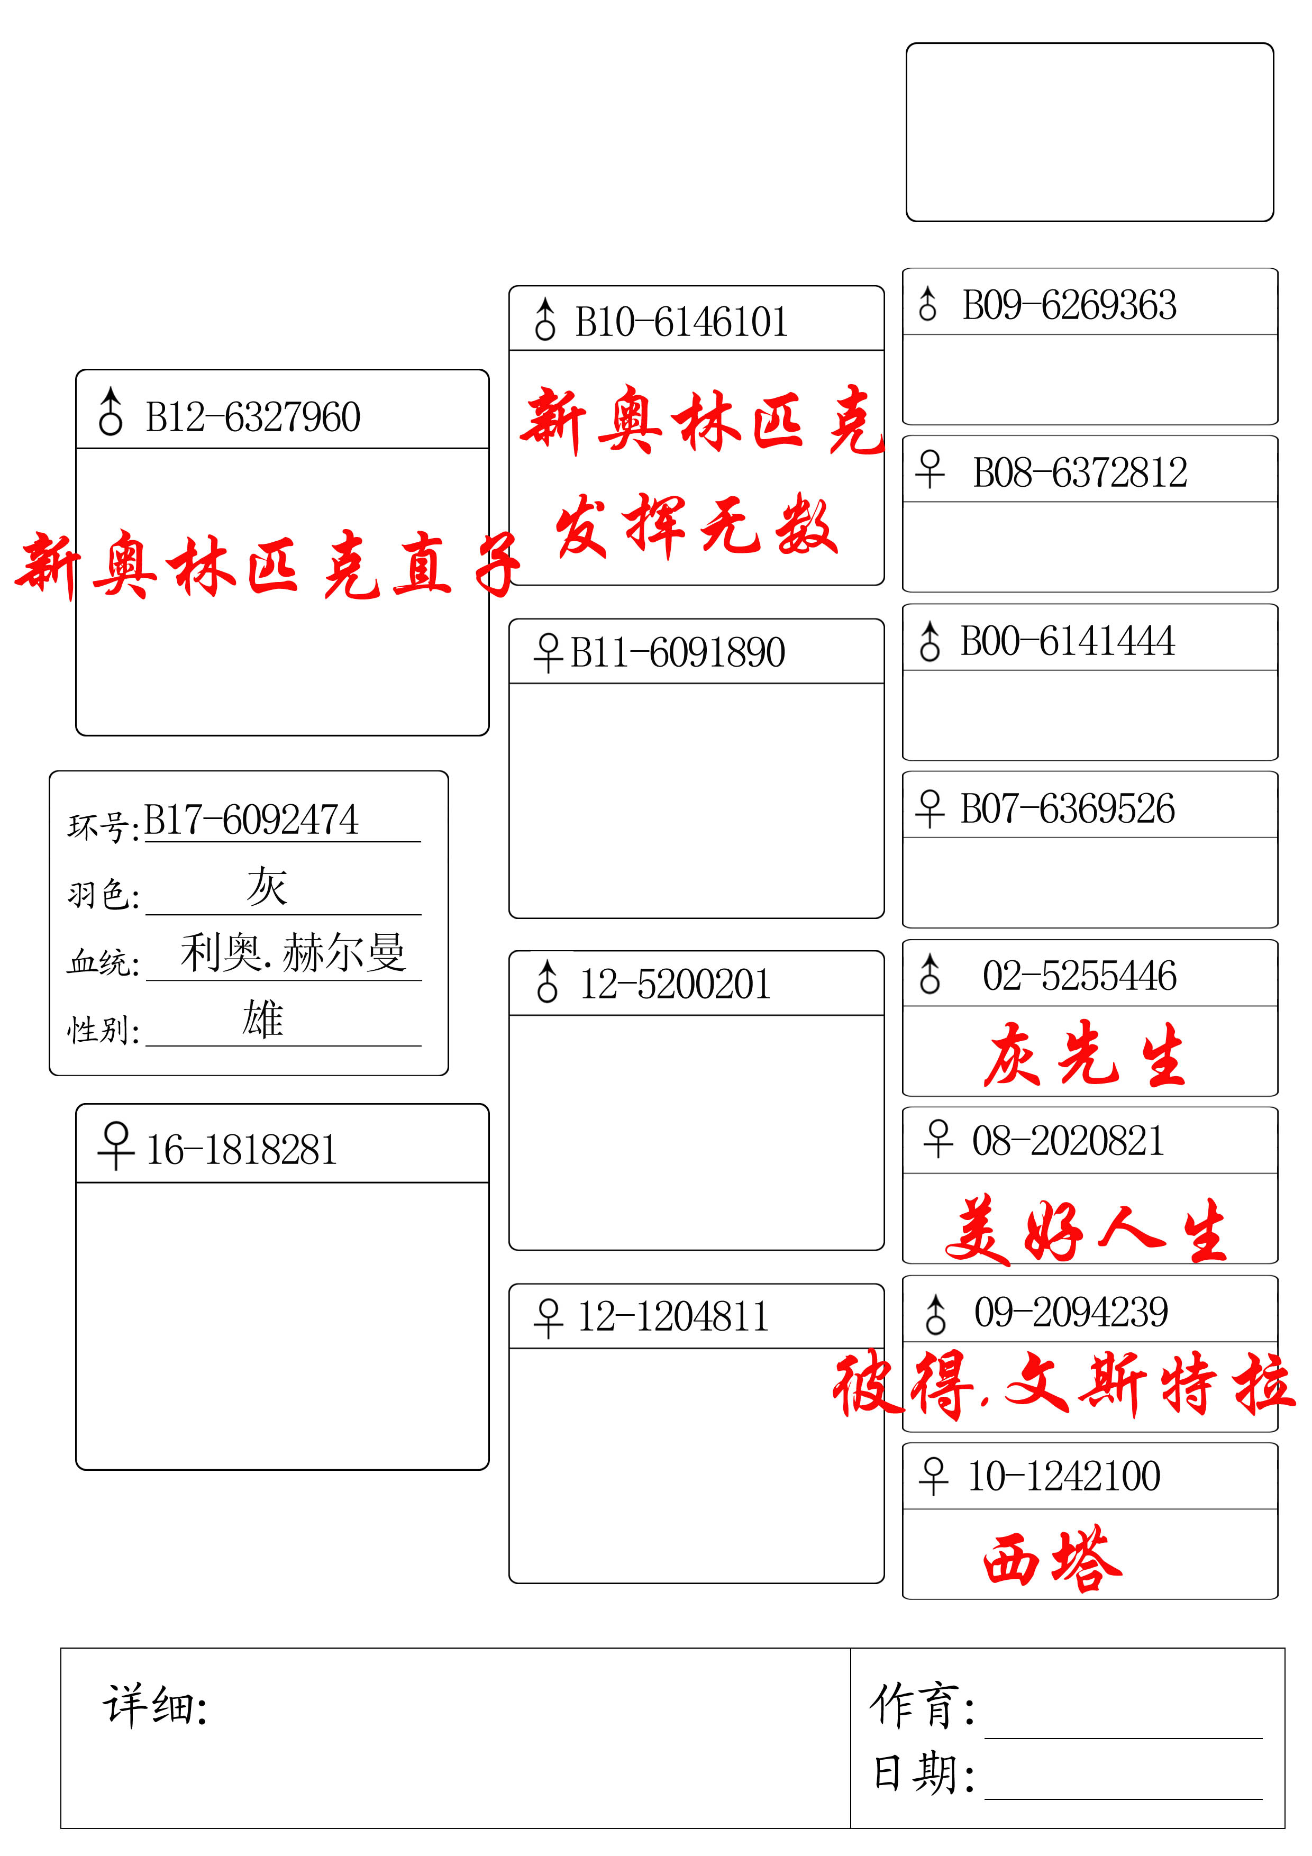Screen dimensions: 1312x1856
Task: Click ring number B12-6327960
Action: [x=252, y=417]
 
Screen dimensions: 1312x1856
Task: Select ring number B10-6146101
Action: [x=681, y=322]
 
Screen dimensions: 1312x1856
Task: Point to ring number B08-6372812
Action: [x=1080, y=473]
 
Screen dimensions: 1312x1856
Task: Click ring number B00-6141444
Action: [x=1067, y=641]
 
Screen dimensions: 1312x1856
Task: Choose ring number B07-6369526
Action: [x=1067, y=808]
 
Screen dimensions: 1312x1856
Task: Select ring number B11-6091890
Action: [x=677, y=652]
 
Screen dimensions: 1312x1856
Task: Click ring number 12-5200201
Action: [x=675, y=984]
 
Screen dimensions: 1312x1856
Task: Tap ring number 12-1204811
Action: [x=672, y=1316]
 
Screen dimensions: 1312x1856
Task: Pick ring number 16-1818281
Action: [x=241, y=1150]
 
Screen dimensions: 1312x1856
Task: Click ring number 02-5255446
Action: [x=1079, y=976]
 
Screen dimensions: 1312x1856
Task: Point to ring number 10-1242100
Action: [x=1064, y=1476]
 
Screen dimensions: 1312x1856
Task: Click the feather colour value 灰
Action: [x=267, y=886]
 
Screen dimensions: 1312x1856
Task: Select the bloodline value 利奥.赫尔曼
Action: [x=293, y=952]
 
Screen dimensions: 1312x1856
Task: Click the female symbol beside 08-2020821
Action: [x=938, y=1138]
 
